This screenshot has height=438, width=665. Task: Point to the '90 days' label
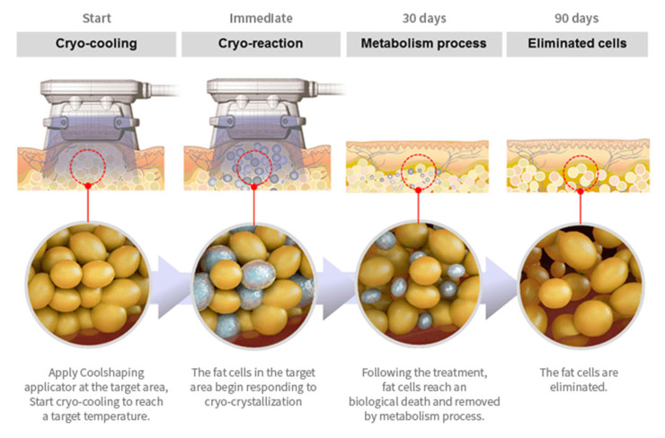pyautogui.click(x=581, y=17)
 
